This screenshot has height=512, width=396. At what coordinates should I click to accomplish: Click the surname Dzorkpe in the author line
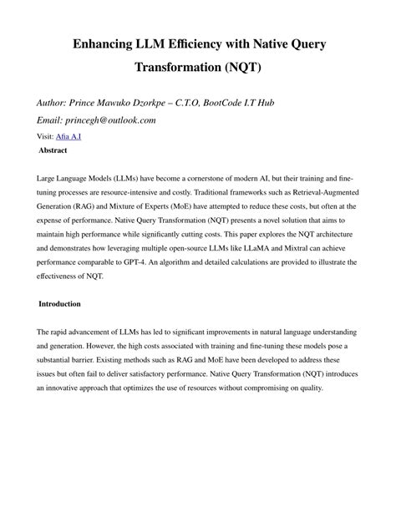174,103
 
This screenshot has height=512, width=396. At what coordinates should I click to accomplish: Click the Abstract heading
53,150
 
